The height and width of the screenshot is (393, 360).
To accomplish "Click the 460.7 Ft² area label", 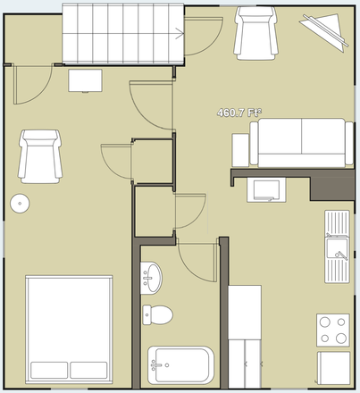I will (239, 113).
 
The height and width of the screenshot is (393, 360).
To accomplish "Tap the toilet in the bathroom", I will (158, 314).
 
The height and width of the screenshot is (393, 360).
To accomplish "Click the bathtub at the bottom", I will (181, 364).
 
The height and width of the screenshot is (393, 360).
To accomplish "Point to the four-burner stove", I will (333, 330).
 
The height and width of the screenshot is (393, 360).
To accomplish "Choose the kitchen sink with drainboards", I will (337, 244).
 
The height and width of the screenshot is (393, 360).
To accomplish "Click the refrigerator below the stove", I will (333, 369).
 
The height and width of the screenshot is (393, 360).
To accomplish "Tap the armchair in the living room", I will (252, 33).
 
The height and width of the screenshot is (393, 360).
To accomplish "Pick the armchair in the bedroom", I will (39, 155).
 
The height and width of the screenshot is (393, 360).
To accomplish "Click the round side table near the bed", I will (20, 204).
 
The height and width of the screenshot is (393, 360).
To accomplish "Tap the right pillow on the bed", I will (89, 369).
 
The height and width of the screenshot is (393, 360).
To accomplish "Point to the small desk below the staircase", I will (87, 80).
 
